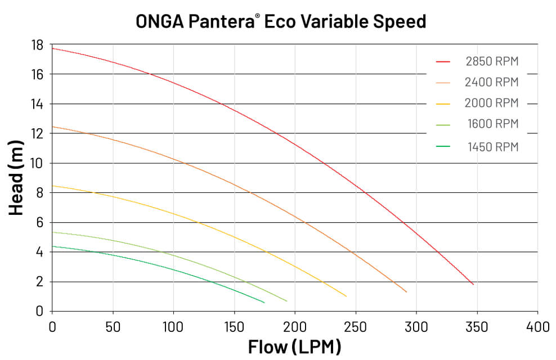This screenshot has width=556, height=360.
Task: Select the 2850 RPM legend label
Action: [x=492, y=61]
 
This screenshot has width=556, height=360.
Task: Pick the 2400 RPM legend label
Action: [x=492, y=82]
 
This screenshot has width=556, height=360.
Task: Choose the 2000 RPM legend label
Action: [x=492, y=103]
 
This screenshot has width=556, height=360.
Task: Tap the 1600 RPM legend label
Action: [x=492, y=124]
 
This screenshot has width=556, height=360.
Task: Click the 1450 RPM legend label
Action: [x=492, y=147]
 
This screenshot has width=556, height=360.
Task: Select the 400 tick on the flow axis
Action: [x=537, y=325]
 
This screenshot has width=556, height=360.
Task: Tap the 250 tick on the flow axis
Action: [x=355, y=325]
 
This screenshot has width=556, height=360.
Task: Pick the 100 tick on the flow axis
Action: [x=173, y=325]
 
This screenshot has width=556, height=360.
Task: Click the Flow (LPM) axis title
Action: [x=294, y=346]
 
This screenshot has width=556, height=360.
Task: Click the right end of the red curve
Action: [x=473, y=285]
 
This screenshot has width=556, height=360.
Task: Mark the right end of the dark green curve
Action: [x=264, y=303]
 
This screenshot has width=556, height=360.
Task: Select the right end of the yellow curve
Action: [x=346, y=296]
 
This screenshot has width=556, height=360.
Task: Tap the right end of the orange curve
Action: [x=406, y=292]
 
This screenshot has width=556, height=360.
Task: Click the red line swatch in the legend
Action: [x=445, y=61]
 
